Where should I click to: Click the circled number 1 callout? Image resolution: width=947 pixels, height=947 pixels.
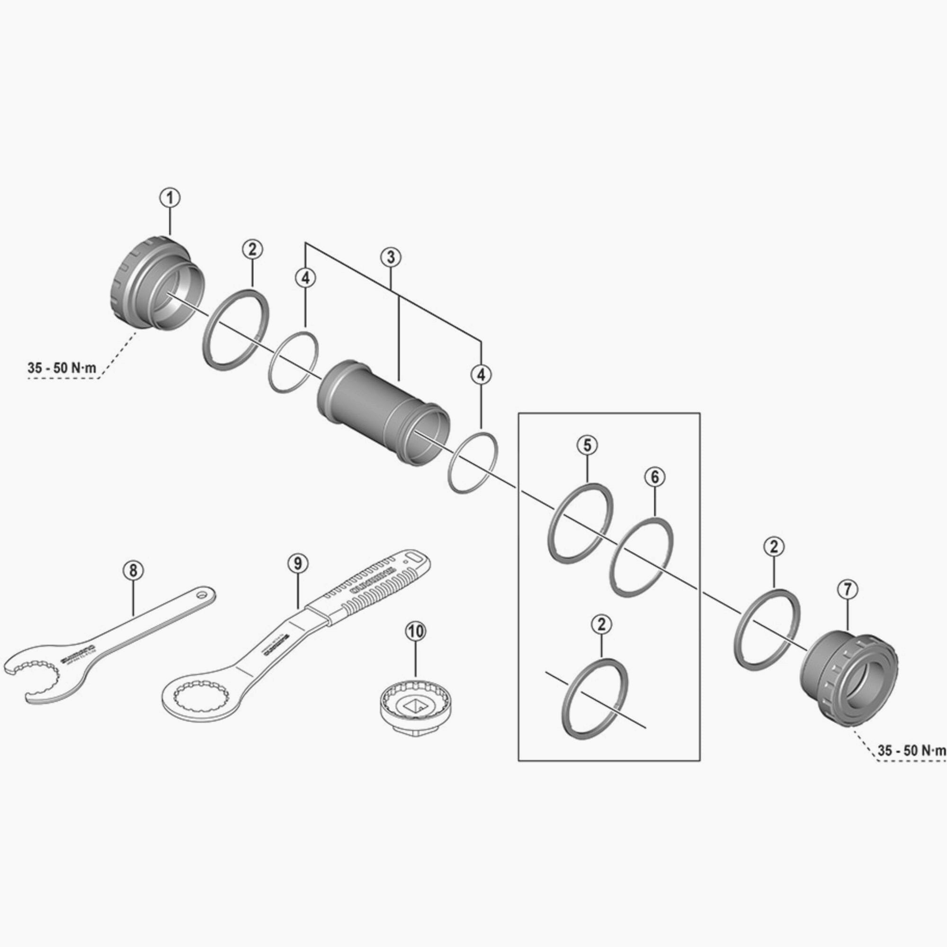(x=170, y=198)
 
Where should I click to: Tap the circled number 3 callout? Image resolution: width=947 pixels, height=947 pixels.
(x=391, y=257)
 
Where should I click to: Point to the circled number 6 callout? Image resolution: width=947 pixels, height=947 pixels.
(x=656, y=476)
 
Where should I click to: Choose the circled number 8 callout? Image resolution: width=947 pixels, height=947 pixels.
(x=134, y=570)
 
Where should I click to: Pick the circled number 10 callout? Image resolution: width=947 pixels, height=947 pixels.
(x=416, y=632)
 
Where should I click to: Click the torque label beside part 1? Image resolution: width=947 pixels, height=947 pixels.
(x=62, y=368)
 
